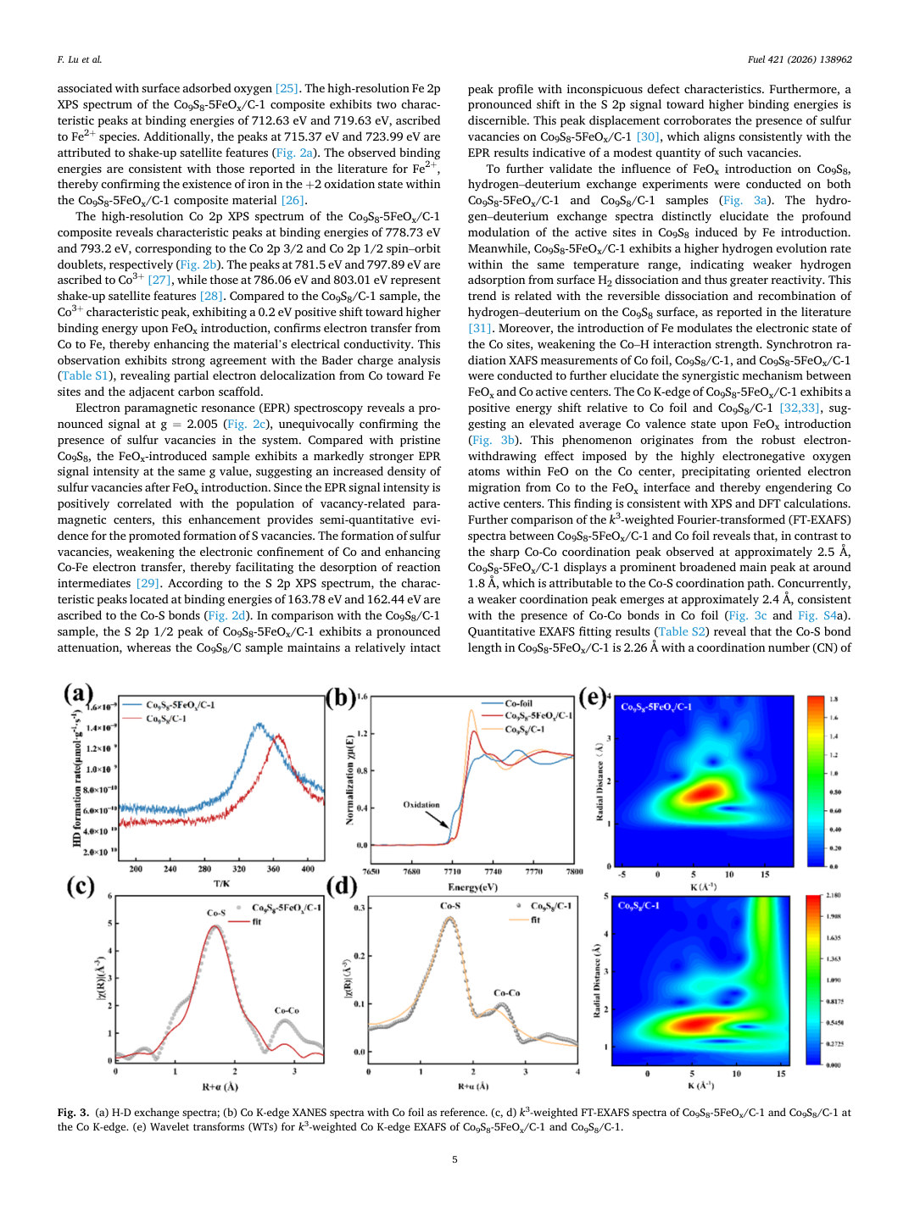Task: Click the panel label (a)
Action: [x=78, y=694]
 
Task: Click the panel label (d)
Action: [x=343, y=886]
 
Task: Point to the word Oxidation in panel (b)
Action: [x=421, y=805]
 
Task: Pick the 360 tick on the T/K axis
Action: [x=273, y=869]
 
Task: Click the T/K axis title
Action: [x=221, y=884]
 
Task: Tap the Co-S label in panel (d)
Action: [x=450, y=906]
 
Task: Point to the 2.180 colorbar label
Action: [x=834, y=896]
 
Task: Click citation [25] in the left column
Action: [x=287, y=88]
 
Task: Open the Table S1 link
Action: [x=85, y=375]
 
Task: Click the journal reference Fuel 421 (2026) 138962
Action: [x=800, y=59]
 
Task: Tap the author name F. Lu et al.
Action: [x=80, y=59]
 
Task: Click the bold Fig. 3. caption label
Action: [x=73, y=1112]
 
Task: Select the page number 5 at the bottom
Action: [x=454, y=1159]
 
